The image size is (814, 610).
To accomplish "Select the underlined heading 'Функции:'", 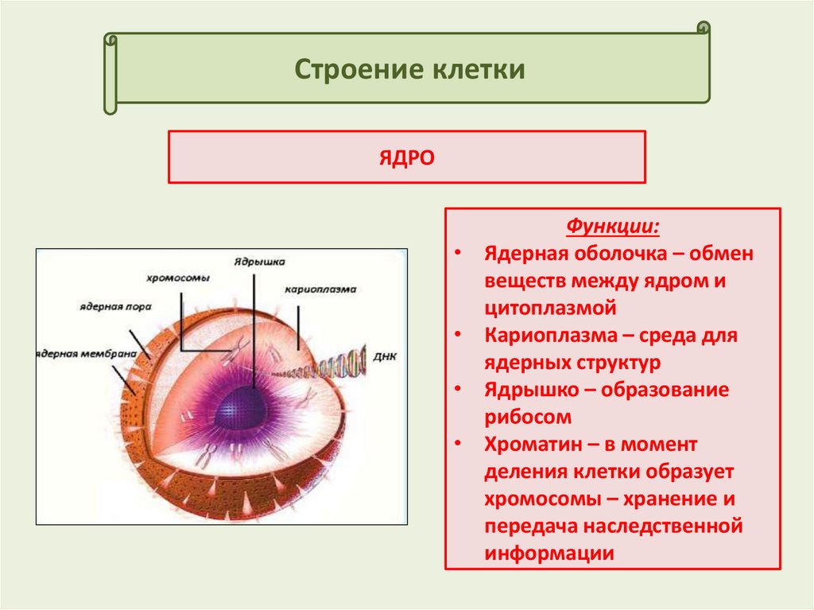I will pos(612,227).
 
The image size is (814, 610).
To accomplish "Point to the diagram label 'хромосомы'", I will pos(178,278).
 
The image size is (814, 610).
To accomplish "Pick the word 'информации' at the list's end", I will pos(549,554).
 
